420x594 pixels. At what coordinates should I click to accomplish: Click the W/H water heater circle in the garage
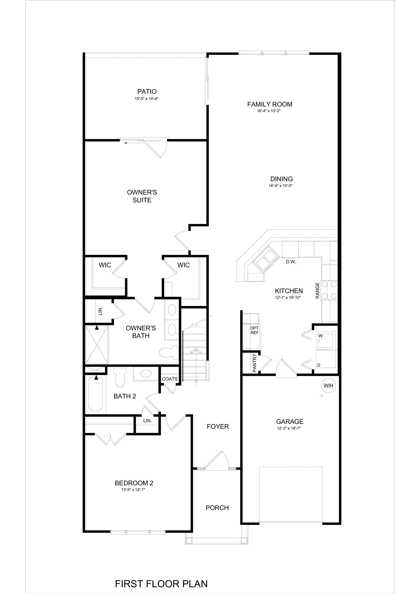tap(328, 386)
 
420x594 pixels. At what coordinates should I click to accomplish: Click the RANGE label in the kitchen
tap(317, 290)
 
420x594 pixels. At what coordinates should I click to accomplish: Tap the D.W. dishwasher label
tap(291, 262)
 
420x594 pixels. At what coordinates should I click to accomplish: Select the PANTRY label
tap(254, 363)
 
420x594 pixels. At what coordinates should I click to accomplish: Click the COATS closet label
tap(170, 379)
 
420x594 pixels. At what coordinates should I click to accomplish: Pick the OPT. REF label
tap(255, 330)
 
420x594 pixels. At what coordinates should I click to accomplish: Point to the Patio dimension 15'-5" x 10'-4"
tap(147, 99)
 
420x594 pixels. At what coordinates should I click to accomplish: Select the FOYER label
tap(218, 426)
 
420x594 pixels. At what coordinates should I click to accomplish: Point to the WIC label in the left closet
tap(105, 265)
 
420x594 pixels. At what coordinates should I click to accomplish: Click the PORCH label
tap(217, 508)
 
